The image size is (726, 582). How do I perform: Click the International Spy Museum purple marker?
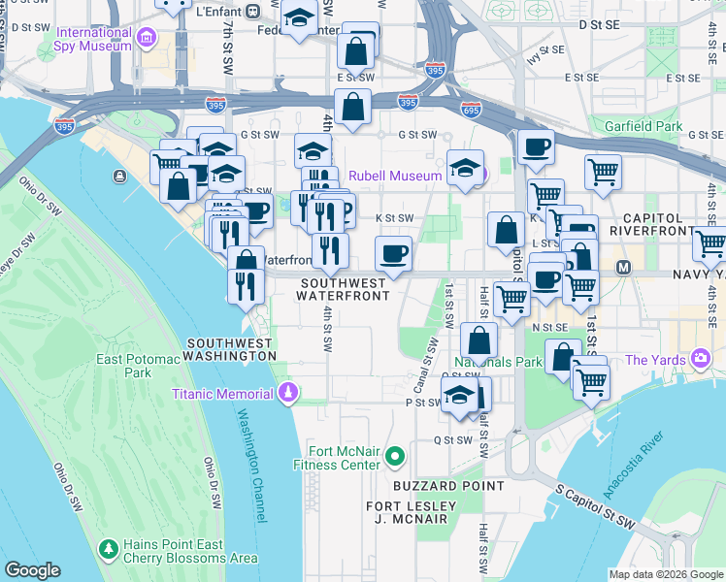point(147,39)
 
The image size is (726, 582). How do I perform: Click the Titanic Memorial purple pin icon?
point(287,393)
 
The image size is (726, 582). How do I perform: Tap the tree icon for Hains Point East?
point(108,550)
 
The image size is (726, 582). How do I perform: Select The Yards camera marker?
point(701,360)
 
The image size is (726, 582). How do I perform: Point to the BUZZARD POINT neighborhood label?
point(448,485)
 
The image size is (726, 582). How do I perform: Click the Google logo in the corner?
point(32,569)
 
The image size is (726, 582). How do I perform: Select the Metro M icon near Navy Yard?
point(623,266)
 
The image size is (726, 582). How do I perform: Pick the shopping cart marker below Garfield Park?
point(603,172)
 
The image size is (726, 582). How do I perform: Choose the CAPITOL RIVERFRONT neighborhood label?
point(661,226)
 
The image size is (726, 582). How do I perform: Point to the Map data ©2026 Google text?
point(665,574)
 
